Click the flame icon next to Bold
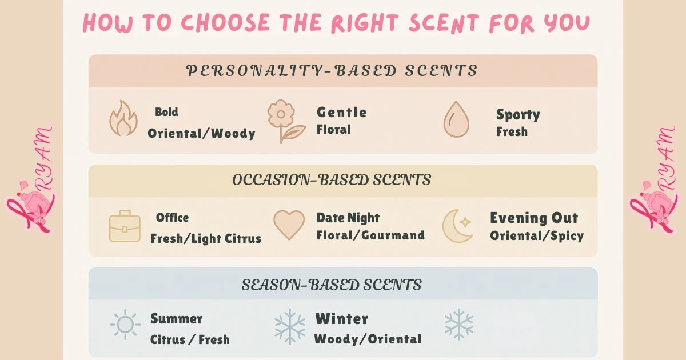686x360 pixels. tap(123, 119)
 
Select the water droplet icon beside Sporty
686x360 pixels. tap(456, 120)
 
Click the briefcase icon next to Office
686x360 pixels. tap(125, 226)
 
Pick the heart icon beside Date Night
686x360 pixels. tap(289, 225)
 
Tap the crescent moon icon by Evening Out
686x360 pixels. tap(457, 226)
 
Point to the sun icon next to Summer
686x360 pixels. tap(125, 325)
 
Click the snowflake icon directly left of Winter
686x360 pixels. tap(290, 326)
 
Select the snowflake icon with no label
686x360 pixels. tap(459, 325)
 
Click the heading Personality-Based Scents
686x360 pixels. tap(332, 71)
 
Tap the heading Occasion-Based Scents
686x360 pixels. tap(332, 180)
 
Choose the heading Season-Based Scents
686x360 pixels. tap(332, 285)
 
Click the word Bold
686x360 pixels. tap(166, 112)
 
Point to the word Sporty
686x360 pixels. tap(518, 115)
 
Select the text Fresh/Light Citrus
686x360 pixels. tap(206, 239)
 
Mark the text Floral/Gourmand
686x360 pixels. tap(370, 235)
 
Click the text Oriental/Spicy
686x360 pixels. tap(536, 235)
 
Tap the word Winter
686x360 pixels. tap(342, 319)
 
